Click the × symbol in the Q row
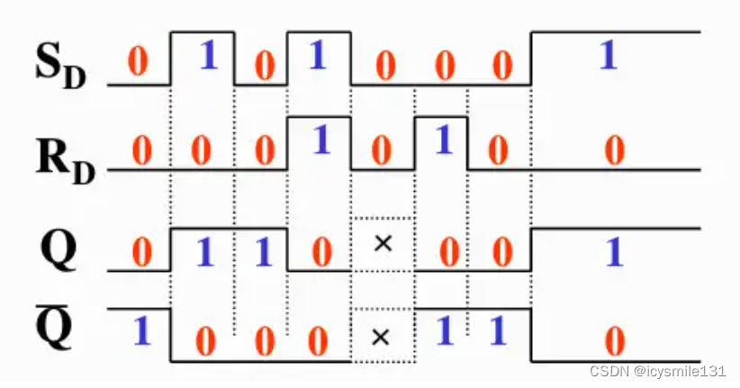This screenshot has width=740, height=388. click(382, 243)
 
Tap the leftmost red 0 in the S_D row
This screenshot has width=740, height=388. click(137, 62)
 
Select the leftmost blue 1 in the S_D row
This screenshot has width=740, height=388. click(208, 56)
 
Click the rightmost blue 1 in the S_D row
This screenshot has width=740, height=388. click(609, 56)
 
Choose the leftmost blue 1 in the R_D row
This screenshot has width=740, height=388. click(320, 140)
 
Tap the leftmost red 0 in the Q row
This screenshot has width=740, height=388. click(141, 252)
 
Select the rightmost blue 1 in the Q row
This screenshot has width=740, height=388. click(614, 252)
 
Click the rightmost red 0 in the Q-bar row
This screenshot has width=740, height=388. click(614, 342)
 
